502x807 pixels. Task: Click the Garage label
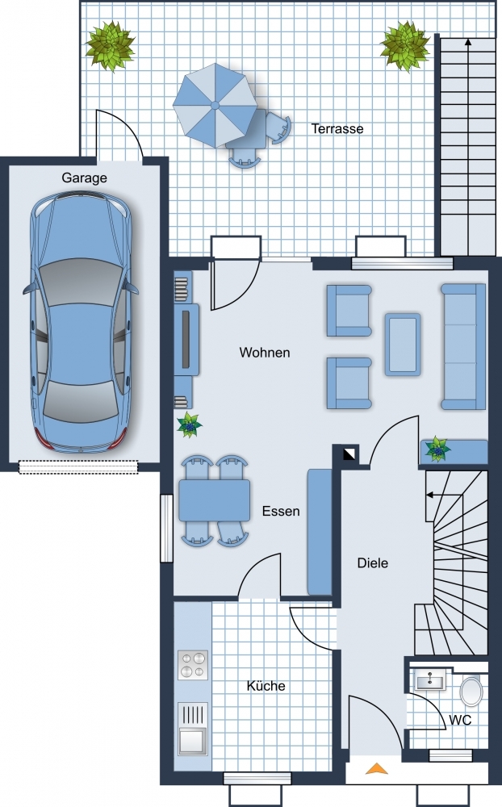[x=85, y=178]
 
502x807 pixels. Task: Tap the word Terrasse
[x=337, y=128]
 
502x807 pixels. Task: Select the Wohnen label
[x=265, y=353]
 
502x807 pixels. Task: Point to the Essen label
[x=281, y=511]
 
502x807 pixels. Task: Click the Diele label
[x=373, y=563]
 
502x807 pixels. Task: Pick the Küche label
[x=266, y=686]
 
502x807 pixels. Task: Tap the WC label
[x=460, y=720]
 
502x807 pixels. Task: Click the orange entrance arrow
[x=377, y=768]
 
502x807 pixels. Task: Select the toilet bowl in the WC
[x=471, y=692]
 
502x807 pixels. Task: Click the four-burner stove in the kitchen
[x=193, y=665]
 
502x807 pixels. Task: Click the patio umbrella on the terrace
[x=215, y=106]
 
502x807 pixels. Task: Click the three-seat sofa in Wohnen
[x=463, y=346]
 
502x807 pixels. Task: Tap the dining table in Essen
[x=214, y=500]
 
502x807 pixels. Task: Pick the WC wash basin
[x=429, y=681]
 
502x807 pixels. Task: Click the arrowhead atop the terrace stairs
[x=468, y=42]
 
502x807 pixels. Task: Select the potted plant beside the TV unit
[x=189, y=425]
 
